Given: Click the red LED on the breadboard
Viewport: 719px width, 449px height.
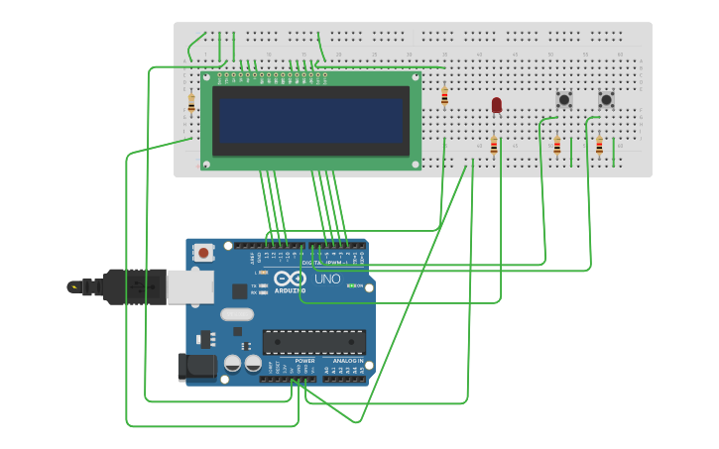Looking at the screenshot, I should [x=497, y=104].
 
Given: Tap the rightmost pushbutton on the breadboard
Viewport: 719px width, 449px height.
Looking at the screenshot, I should [x=606, y=99].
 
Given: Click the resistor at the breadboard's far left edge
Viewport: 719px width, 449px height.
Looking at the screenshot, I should [x=191, y=102].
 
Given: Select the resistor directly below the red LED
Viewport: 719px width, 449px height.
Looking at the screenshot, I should [x=494, y=145].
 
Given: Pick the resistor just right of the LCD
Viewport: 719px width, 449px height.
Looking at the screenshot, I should [x=444, y=96].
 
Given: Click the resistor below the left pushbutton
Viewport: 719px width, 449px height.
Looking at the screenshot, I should [x=557, y=147].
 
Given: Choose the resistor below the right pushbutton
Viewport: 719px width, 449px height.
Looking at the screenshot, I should [x=599, y=147].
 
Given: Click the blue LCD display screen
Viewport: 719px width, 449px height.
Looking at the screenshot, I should [x=311, y=120].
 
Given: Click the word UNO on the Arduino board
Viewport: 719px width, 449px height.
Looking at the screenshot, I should [x=327, y=279].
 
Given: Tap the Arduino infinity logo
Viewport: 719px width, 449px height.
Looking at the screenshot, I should [x=290, y=279].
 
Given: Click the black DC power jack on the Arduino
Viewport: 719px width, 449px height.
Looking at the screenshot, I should [x=196, y=367].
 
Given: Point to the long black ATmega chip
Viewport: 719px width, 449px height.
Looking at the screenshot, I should [x=313, y=342].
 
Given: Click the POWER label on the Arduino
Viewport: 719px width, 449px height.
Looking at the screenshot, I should [x=291, y=361].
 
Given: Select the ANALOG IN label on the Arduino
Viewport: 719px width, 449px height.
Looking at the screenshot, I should [x=347, y=361].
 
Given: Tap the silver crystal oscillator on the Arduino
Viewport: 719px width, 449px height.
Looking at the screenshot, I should [x=237, y=314].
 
